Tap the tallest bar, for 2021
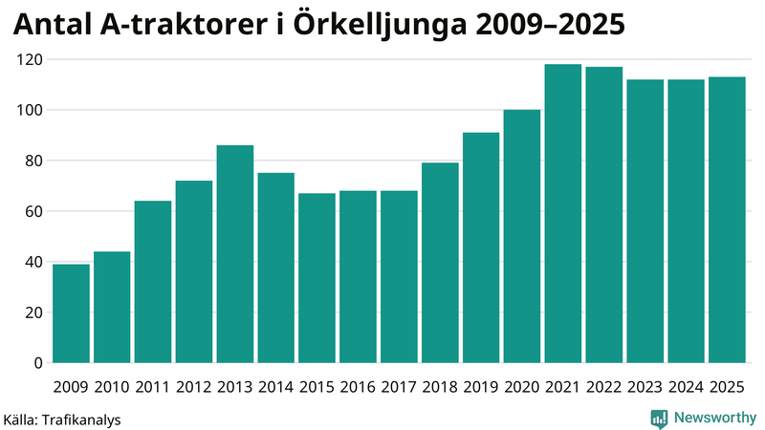(x=563, y=214)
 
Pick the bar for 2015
(x=317, y=278)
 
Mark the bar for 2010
(x=112, y=307)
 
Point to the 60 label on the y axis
(x=34, y=211)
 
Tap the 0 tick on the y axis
(x=38, y=363)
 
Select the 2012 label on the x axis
(x=194, y=387)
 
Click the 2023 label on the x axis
(x=645, y=387)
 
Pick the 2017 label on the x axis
(x=399, y=387)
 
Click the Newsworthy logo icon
(x=659, y=418)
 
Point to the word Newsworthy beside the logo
(x=715, y=418)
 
